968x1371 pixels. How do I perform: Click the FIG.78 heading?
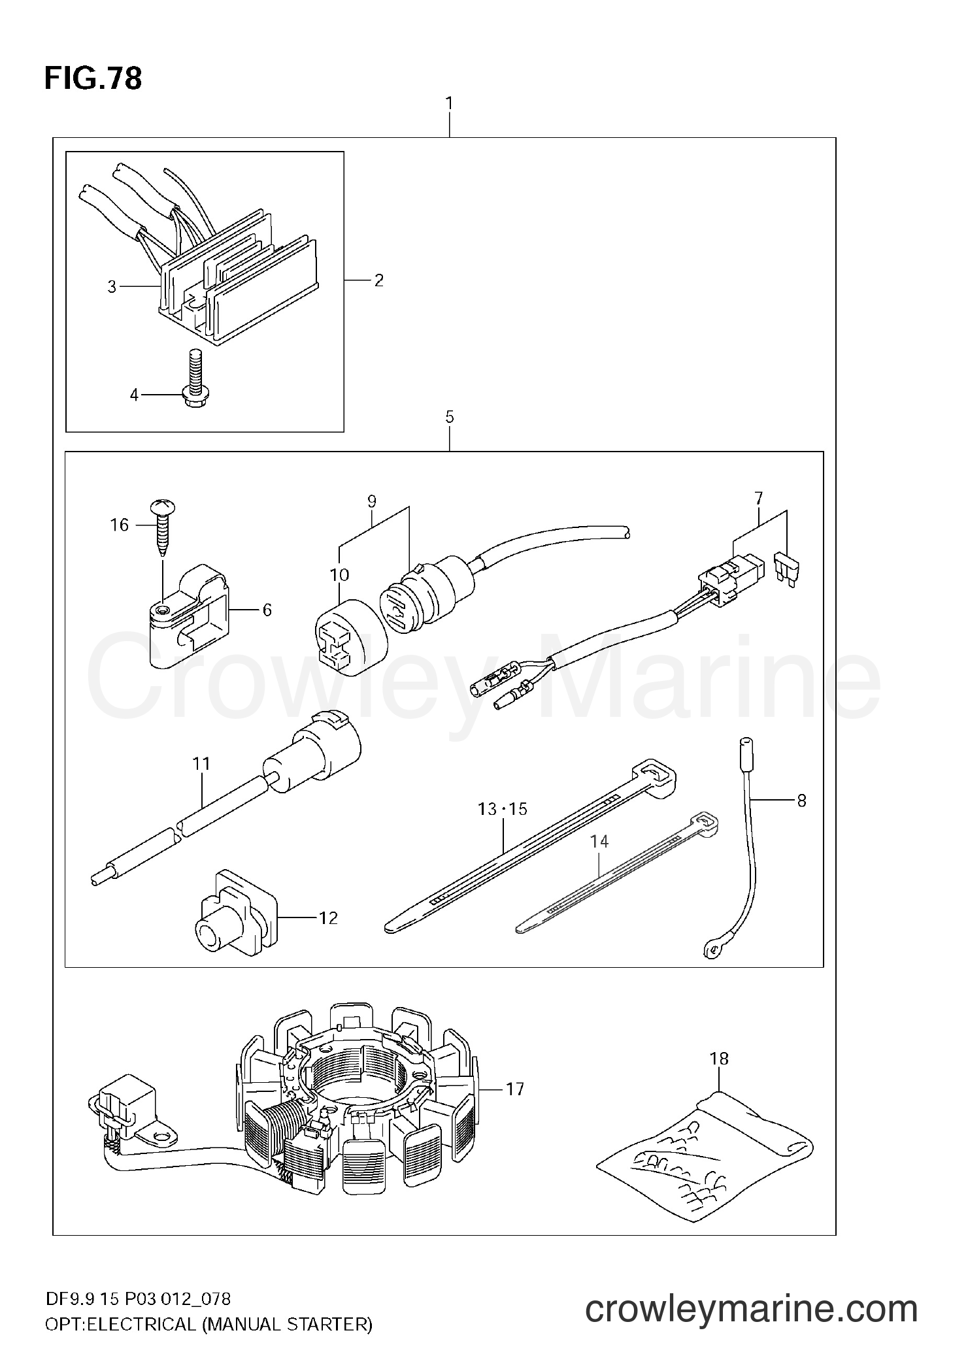point(93,79)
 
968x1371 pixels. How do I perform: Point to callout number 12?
point(328,918)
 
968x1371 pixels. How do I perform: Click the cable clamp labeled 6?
point(186,616)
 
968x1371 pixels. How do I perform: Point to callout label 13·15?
point(502,809)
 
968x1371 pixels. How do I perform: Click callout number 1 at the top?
point(450,104)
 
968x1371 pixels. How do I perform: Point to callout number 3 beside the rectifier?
point(112,286)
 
